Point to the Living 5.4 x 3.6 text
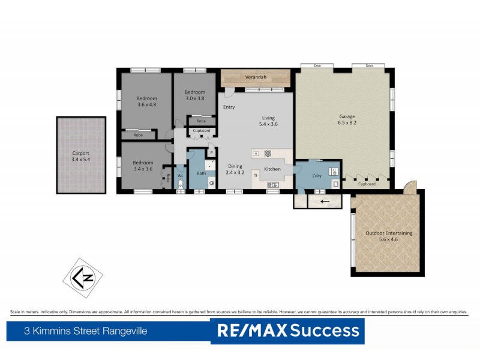(x=268, y=121)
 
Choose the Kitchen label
(x=272, y=169)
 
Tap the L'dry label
(x=318, y=175)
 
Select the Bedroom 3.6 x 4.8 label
(x=146, y=101)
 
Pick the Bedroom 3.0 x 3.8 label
(x=194, y=95)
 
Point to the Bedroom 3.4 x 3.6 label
(x=143, y=166)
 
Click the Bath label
(x=201, y=173)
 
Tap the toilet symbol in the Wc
(x=180, y=185)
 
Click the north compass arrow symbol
(x=83, y=278)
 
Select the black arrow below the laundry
(x=324, y=201)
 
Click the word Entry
(x=229, y=107)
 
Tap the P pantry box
(x=211, y=153)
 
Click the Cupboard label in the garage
(x=367, y=184)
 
